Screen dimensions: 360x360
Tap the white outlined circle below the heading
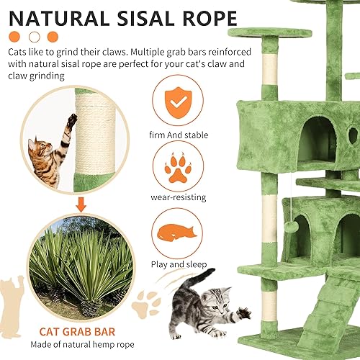click(x=33, y=36)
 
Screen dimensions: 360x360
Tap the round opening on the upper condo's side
click(x=352, y=134)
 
